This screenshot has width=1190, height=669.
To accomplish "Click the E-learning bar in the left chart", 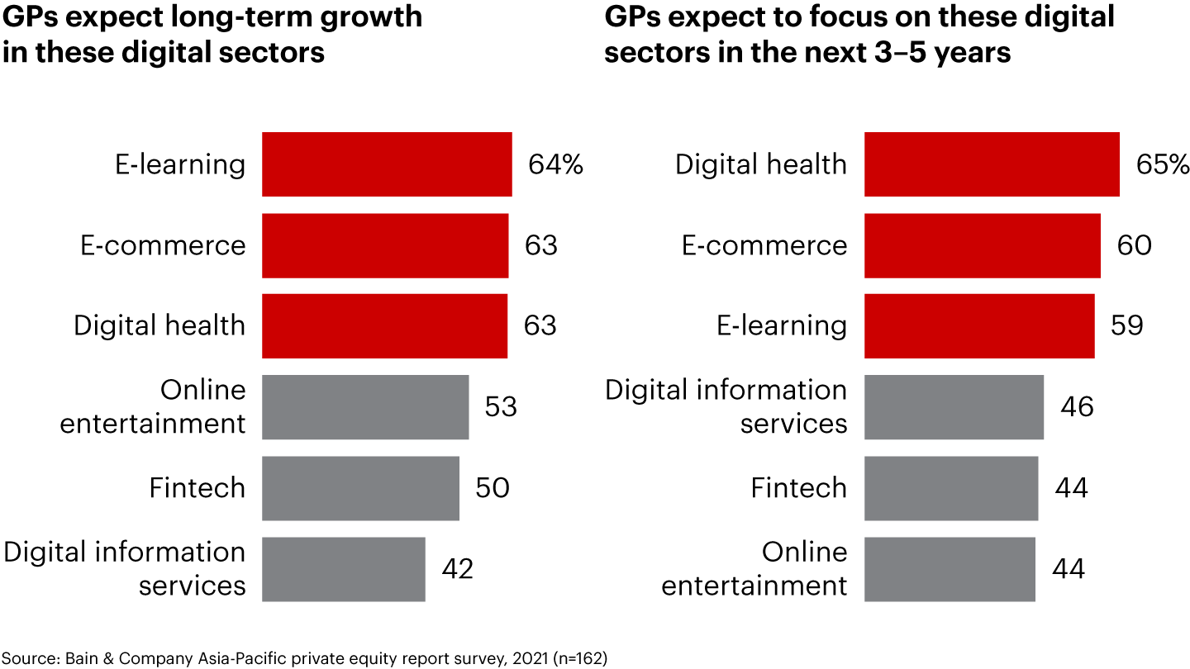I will [387, 164].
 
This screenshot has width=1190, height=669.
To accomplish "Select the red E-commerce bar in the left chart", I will [385, 245].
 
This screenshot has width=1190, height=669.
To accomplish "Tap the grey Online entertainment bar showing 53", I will [365, 407].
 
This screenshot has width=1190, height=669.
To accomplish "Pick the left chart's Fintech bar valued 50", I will [360, 488].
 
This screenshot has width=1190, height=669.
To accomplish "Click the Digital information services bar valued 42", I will [344, 569].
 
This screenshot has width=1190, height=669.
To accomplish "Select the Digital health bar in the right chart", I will [992, 164].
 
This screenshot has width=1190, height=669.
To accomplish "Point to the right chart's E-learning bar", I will [979, 326].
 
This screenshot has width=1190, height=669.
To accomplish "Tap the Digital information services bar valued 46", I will [954, 407].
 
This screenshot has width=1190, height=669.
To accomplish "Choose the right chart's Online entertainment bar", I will [950, 569].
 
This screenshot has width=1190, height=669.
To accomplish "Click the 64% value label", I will [555, 164].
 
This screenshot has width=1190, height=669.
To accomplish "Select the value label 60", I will [1135, 245].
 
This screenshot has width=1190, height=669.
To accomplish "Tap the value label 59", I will [1127, 326].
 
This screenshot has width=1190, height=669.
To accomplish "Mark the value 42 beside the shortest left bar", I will [457, 569].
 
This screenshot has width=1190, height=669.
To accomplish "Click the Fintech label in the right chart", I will [798, 488].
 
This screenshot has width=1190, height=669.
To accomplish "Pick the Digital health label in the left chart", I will [159, 326].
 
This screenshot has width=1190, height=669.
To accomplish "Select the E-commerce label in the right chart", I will [764, 245].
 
